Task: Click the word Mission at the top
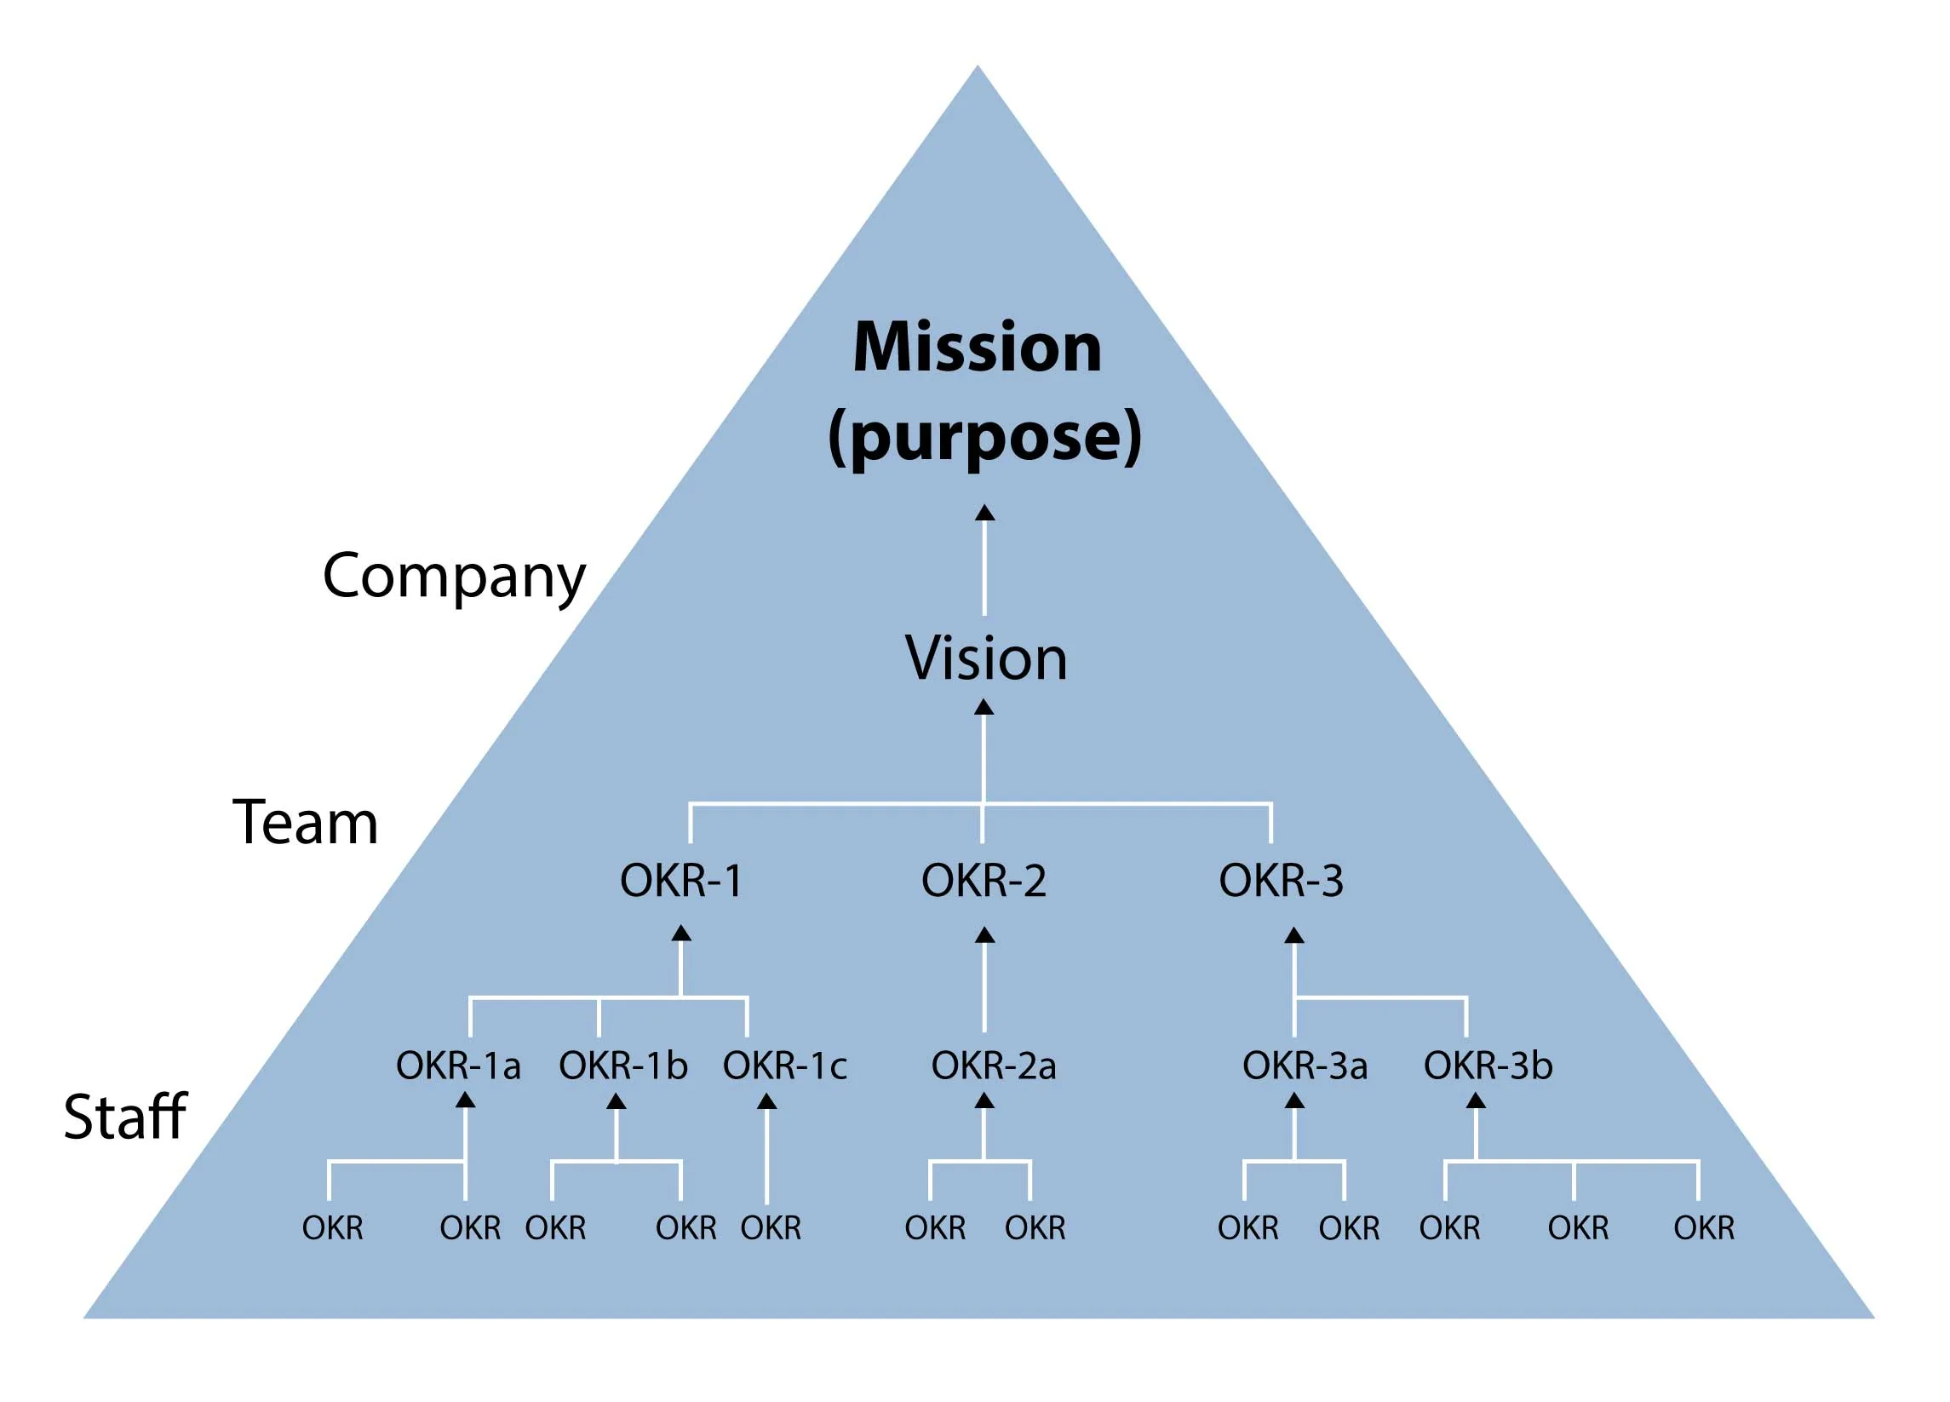977,348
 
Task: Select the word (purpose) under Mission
984,437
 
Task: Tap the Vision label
985,659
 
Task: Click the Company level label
454,577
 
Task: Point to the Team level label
305,823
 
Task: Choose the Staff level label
125,1117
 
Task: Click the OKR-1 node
681,881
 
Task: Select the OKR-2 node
984,881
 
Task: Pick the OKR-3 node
1281,881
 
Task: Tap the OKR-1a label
458,1066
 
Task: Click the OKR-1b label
623,1066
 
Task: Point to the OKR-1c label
785,1066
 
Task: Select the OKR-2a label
993,1066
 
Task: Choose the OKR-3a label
1305,1066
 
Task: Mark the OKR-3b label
1488,1066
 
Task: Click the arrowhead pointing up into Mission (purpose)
984,514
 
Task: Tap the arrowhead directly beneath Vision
984,707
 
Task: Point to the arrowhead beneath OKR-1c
767,1102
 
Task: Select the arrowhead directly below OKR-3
1294,936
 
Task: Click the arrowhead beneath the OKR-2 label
985,935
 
